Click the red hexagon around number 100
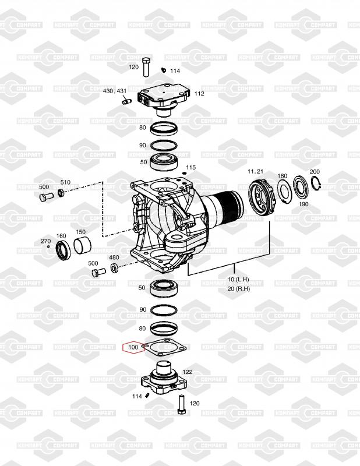(123, 347)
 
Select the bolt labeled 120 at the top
(146, 67)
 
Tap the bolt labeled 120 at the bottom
(181, 404)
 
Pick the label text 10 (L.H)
(238, 280)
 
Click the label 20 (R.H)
(239, 289)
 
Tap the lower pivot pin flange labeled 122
(164, 379)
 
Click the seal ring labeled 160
(63, 251)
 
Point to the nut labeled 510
(61, 192)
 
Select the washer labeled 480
(114, 268)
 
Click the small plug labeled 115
(184, 174)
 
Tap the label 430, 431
(115, 91)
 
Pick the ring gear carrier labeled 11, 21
(263, 197)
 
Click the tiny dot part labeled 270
(48, 246)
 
